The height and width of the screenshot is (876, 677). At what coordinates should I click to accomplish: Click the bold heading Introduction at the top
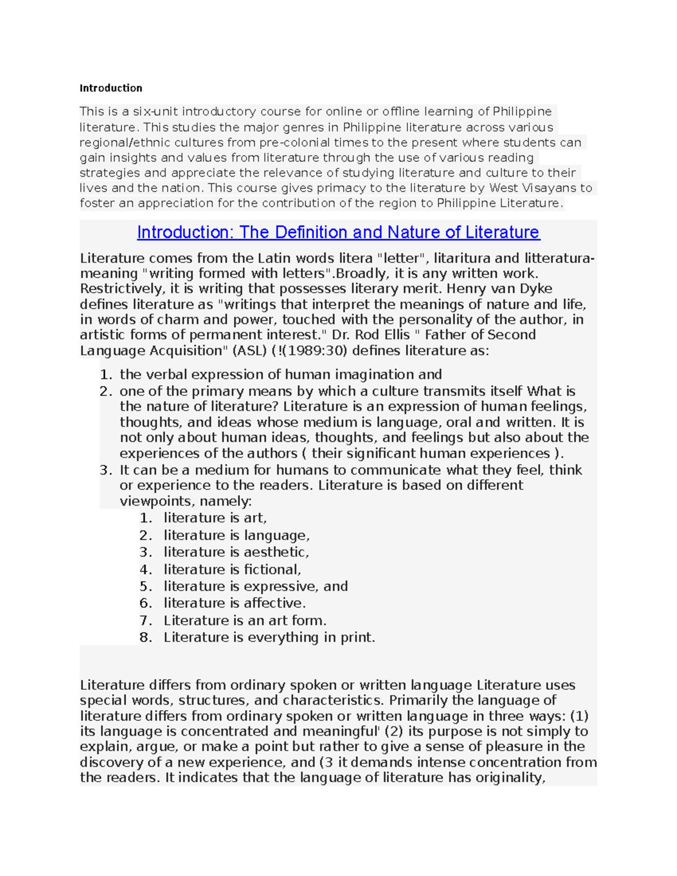coord(111,88)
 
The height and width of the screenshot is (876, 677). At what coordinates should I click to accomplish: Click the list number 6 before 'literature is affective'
coord(145,603)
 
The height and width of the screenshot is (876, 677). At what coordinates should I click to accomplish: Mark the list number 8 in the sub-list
coord(145,637)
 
